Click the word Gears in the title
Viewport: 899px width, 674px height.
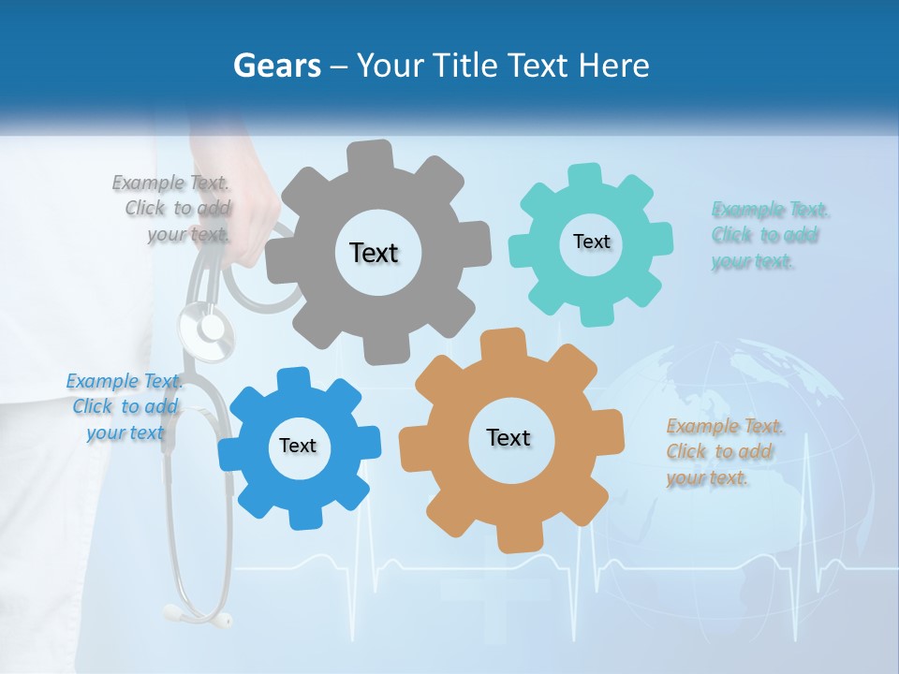[x=277, y=66]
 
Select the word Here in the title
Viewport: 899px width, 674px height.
[x=614, y=66]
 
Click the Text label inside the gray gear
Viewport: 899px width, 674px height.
[x=374, y=253]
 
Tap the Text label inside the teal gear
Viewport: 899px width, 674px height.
[x=591, y=242]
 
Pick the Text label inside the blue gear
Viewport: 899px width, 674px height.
[x=298, y=446]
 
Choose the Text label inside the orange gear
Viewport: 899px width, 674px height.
[x=508, y=437]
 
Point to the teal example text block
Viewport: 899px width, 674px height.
[x=768, y=235]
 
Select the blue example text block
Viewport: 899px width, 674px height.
[x=125, y=406]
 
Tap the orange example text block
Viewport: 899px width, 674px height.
[x=723, y=451]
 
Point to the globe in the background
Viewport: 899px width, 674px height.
[x=749, y=449]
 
